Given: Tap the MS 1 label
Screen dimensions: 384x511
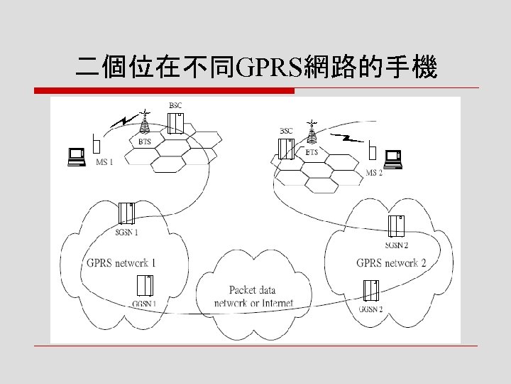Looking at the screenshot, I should [104, 161].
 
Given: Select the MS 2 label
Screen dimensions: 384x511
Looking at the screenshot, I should [374, 173].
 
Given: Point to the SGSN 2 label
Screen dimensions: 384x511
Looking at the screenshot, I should [397, 245].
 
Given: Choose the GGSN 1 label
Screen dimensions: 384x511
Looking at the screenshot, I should [144, 304].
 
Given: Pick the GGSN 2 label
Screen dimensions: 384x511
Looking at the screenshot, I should [370, 309].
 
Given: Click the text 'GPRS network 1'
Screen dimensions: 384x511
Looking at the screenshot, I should [121, 263].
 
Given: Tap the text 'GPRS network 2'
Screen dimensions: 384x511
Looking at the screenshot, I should [391, 263].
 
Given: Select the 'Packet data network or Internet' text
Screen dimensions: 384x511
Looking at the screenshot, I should [253, 297].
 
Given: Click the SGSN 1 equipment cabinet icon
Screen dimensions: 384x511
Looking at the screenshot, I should [127, 213].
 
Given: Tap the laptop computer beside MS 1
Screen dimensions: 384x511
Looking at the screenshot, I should [75, 156].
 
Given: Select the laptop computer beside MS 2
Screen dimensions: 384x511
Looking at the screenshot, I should [392, 159].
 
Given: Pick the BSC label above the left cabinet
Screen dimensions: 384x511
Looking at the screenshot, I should [175, 106].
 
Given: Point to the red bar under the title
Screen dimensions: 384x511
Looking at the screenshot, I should [164, 91].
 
